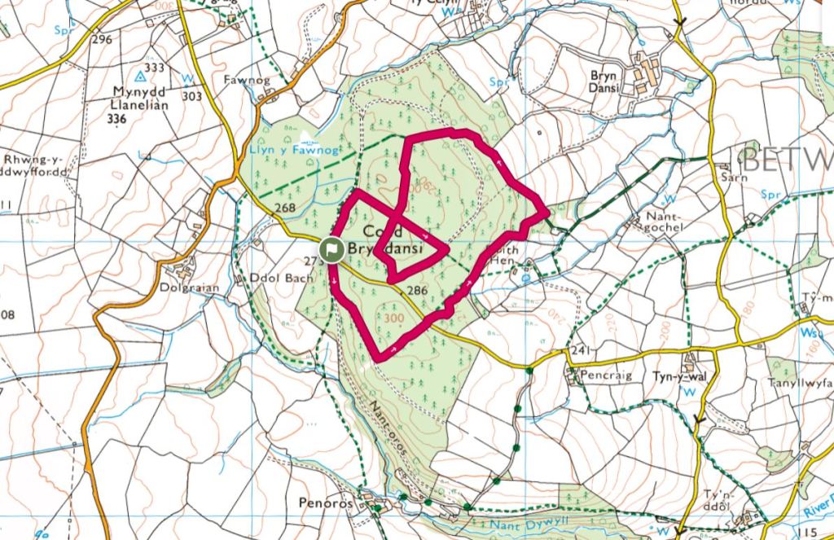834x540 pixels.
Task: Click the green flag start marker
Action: [x=331, y=250]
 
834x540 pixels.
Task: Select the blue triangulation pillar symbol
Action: [x=140, y=77]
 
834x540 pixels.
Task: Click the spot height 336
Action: [x=117, y=119]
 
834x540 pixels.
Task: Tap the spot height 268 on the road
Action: [x=284, y=209]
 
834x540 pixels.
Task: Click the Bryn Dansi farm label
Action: [x=606, y=81]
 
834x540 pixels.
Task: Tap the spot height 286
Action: [x=416, y=290]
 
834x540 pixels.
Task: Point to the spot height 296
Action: [x=102, y=39]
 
